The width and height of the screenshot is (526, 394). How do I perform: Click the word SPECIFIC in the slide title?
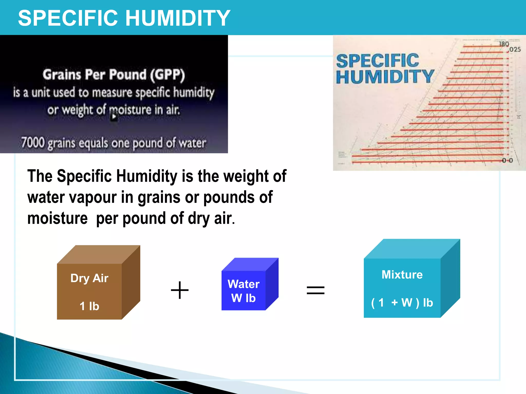[x=68, y=18]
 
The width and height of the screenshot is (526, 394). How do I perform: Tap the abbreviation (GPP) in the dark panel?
[x=167, y=75]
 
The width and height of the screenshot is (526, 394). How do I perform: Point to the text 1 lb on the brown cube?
[x=89, y=306]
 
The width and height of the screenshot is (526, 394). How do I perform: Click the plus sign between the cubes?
[x=180, y=290]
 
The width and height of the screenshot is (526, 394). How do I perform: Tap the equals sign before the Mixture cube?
[x=316, y=290]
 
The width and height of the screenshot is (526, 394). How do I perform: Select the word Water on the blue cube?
[x=243, y=284]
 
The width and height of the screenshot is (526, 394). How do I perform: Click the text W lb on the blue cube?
[x=243, y=298]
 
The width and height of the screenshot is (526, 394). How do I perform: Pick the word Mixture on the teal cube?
[x=402, y=274]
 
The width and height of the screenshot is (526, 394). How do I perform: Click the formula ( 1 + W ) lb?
[x=402, y=302]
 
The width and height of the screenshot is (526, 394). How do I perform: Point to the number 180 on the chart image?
[x=504, y=44]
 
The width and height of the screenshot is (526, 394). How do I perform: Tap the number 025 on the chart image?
[x=515, y=49]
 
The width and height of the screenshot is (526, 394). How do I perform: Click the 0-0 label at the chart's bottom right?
[x=507, y=160]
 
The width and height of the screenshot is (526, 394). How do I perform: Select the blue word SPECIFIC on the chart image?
[x=378, y=61]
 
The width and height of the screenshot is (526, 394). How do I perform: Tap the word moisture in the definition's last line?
[x=58, y=218]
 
